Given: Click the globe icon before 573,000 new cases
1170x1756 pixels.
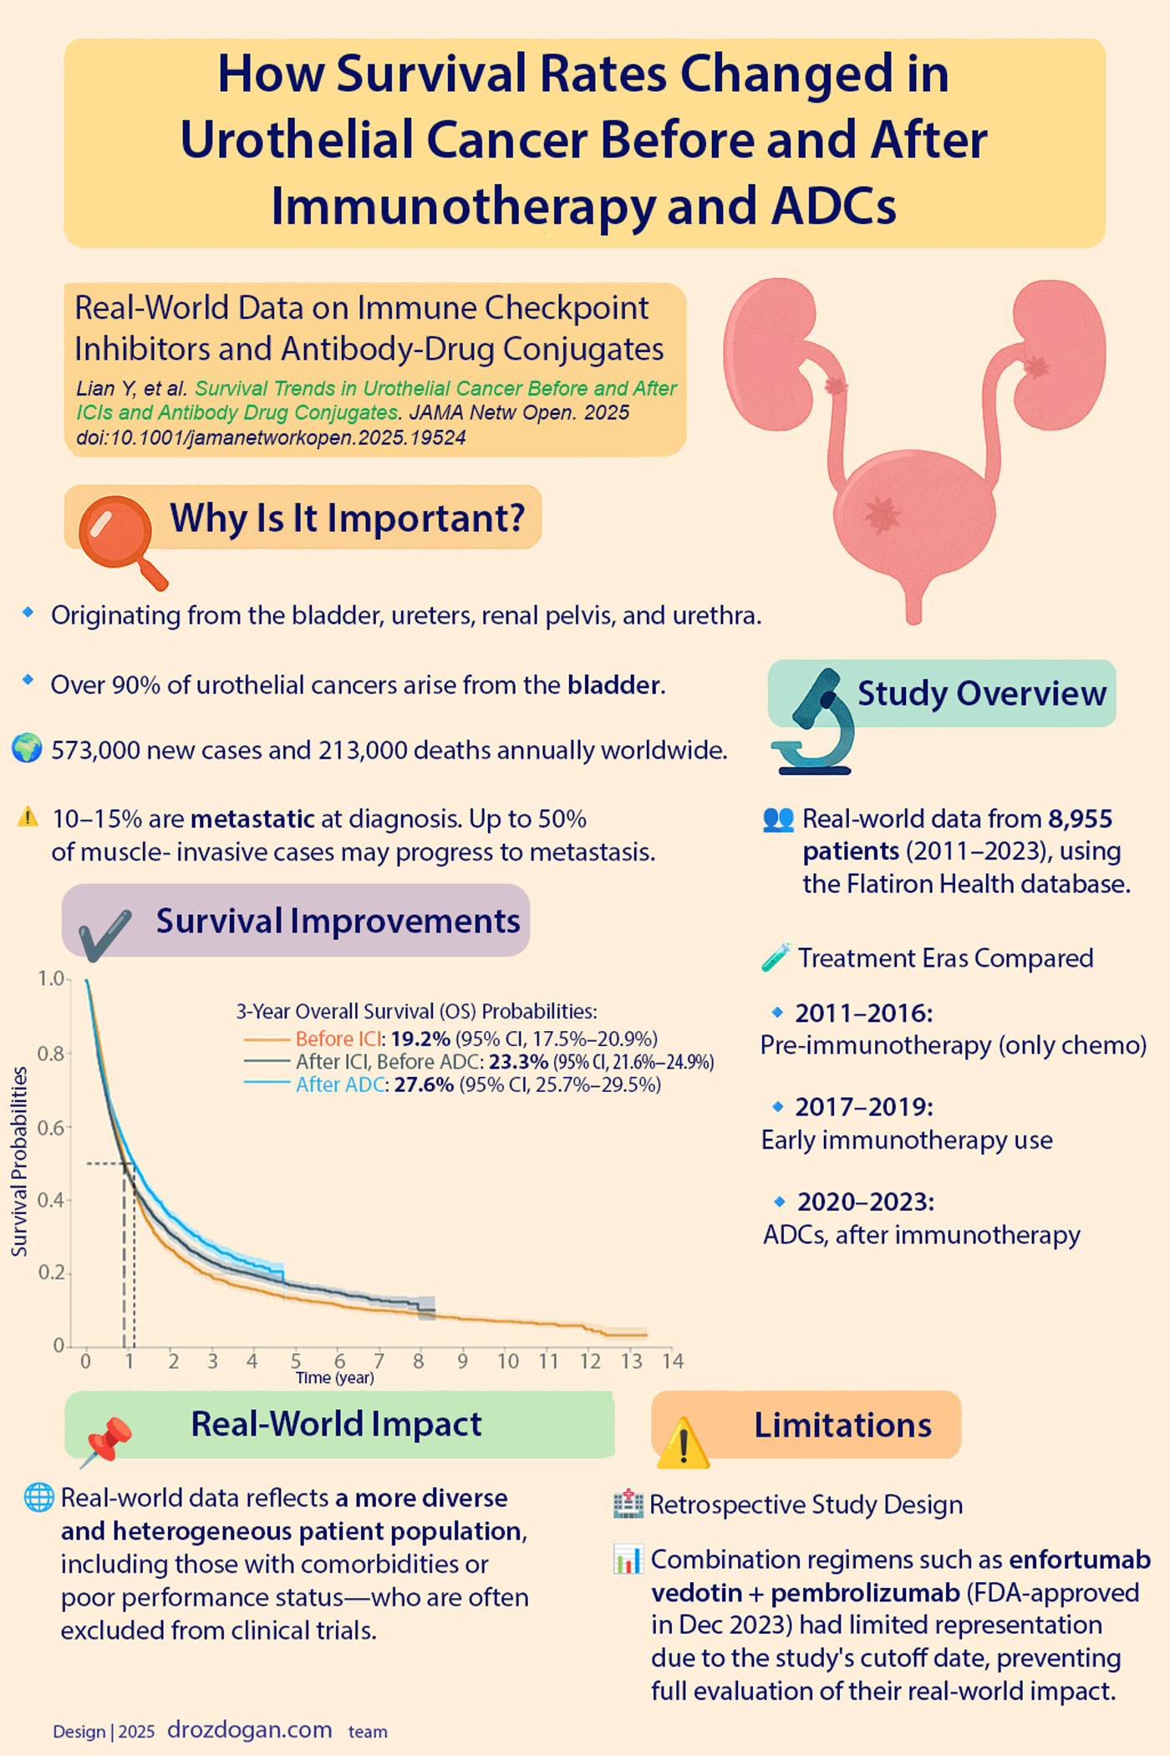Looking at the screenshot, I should click(x=27, y=748).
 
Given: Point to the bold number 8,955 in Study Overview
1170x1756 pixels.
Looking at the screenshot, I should click(x=1081, y=819).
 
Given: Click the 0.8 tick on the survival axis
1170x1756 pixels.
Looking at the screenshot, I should click(x=52, y=1053).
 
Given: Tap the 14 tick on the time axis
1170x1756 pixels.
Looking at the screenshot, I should click(x=673, y=1361).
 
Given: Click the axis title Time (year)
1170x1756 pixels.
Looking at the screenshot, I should click(x=335, y=1378).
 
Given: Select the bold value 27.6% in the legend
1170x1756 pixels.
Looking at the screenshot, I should click(x=424, y=1085).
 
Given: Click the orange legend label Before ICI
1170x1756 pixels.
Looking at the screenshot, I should click(x=338, y=1039).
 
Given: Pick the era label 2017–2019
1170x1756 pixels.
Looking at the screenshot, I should click(x=863, y=1107).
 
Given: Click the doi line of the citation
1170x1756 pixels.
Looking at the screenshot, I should click(x=271, y=437).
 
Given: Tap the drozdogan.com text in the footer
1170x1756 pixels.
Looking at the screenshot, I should click(x=250, y=1729).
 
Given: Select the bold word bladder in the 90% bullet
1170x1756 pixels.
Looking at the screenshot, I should click(x=614, y=686).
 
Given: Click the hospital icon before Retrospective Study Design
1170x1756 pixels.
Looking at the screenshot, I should click(x=628, y=1504).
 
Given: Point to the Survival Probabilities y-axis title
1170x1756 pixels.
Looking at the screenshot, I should click(x=18, y=1161).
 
